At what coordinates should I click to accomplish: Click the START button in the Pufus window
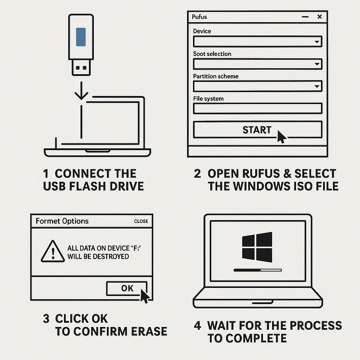point(257,130)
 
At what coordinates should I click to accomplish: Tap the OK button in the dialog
point(127,288)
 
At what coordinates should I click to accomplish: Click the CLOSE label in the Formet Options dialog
point(141,221)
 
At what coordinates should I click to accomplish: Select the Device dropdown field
point(257,42)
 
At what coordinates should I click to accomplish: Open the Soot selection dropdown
point(257,64)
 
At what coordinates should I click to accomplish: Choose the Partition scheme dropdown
point(257,86)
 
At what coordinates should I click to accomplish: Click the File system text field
point(257,108)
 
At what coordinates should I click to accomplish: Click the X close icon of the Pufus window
point(319,17)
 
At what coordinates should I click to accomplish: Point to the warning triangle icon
point(53,251)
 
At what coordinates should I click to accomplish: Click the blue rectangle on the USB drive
point(81,37)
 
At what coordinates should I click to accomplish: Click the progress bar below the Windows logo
point(258,270)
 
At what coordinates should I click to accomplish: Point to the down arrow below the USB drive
point(81,91)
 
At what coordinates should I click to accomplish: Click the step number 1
point(46,174)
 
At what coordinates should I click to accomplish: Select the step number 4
point(198,326)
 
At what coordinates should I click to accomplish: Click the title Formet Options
point(62,221)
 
